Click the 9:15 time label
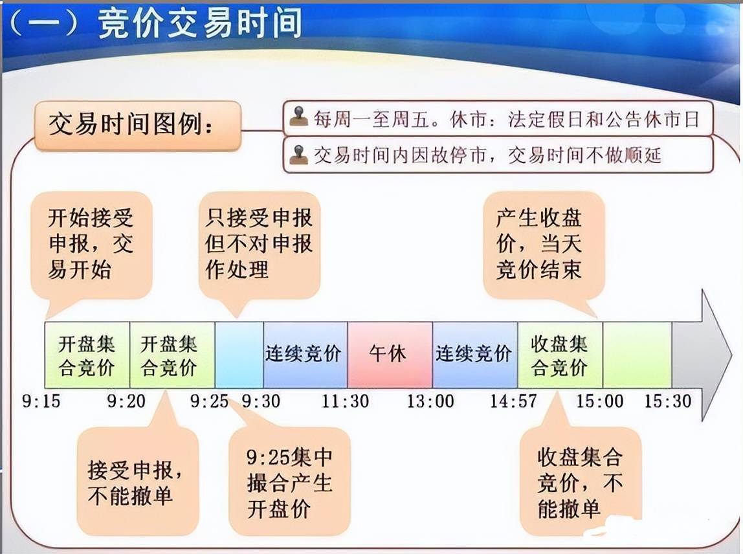[41, 401]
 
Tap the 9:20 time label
[126, 401]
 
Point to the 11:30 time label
[346, 401]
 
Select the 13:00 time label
[430, 401]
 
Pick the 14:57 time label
[513, 401]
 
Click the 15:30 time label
[667, 401]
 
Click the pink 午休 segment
[390, 355]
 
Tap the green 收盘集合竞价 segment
[560, 355]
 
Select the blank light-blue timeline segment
[239, 355]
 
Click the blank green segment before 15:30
[637, 355]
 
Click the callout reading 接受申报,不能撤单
[137, 482]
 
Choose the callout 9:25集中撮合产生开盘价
[289, 482]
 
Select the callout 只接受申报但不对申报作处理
[259, 244]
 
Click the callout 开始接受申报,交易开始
[91, 244]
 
